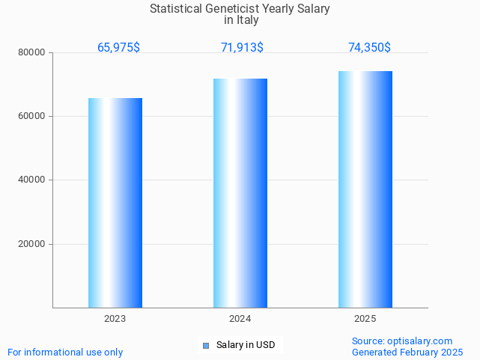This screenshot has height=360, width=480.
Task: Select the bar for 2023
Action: pos(115,202)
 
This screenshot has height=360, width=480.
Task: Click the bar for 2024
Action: pos(240,192)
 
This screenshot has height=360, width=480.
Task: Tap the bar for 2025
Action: pos(365,189)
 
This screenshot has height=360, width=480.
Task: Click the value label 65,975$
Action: pos(118,48)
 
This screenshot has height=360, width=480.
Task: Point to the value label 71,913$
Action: pos(242,48)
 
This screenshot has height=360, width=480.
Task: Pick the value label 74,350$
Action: pos(369,48)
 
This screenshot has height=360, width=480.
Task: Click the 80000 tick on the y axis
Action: pos(32,53)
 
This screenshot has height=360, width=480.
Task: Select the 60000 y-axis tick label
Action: pos(32,117)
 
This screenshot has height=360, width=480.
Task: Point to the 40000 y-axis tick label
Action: pos(32,180)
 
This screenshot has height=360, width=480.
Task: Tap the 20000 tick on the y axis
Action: pos(32,244)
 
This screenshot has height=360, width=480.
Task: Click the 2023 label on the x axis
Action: pos(115,319)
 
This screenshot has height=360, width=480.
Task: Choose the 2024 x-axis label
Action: pos(240,319)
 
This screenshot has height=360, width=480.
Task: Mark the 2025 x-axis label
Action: pos(365,319)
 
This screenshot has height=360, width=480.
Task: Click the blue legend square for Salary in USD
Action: pos(207,345)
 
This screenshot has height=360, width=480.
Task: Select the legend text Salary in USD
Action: pos(246,345)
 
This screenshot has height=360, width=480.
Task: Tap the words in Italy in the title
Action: pos(240,20)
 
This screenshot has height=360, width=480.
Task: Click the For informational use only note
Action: pos(65,353)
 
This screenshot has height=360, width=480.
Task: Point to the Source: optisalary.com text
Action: pos(402,341)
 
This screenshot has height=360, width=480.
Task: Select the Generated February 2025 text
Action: pos(407,353)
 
